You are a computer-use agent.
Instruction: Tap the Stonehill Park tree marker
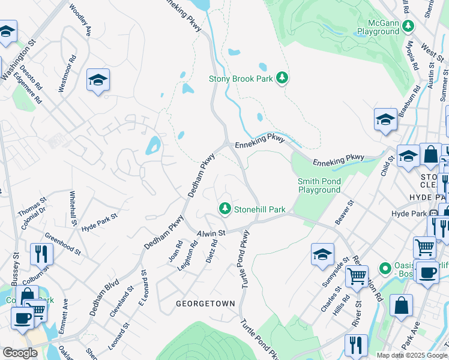coord(225,209)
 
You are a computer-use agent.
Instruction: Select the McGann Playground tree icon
coord(408,26)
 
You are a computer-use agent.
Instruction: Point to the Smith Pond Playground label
coord(319,185)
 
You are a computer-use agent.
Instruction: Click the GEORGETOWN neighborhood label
coord(205,304)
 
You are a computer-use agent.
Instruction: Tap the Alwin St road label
coord(211,232)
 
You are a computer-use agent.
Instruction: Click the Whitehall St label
coord(73,209)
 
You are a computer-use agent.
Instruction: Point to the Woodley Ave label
coord(80,21)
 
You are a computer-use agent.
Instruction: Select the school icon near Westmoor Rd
coord(98,80)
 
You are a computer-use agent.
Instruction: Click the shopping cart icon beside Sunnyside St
coord(357,277)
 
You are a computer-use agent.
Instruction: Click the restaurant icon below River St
coord(356,345)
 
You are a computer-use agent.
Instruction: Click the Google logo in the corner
coord(20,353)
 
